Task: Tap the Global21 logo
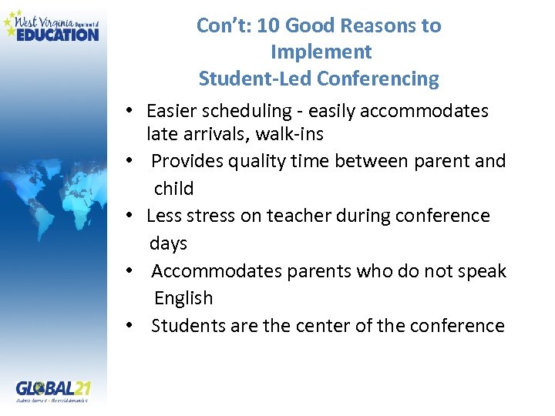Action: pos(53,391)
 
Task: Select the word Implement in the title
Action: pos(321,52)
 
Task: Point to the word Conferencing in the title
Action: pos(378,79)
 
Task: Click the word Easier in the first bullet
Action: pos(171,112)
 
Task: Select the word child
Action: pos(173,188)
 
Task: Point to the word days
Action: pos(168,243)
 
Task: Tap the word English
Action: pos(183,298)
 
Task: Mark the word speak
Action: pos(483,271)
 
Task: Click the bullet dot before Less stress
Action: pos(133,216)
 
